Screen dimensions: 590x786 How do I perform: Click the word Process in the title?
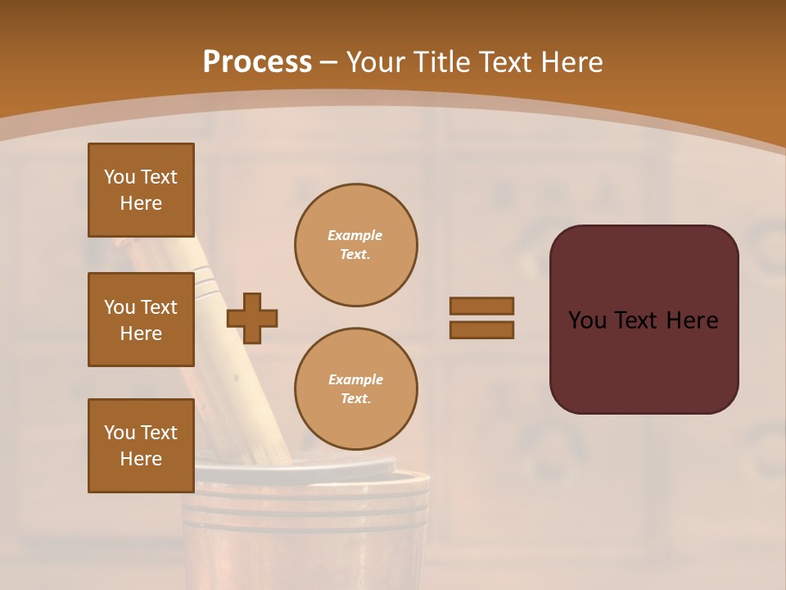click(x=257, y=62)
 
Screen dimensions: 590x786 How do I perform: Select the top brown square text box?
click(x=141, y=190)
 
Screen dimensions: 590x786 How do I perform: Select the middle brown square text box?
click(x=141, y=320)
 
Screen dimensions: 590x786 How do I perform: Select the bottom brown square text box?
click(x=141, y=446)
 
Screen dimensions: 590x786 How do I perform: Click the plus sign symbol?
click(x=252, y=318)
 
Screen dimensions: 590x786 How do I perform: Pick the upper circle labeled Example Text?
click(x=355, y=245)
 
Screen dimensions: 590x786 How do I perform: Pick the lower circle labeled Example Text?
click(x=355, y=389)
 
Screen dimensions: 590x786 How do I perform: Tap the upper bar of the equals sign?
click(x=481, y=306)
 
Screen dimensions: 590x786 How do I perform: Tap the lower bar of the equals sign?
click(x=481, y=329)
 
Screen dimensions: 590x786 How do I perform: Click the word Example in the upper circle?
click(x=355, y=235)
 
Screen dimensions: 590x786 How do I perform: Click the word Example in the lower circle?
click(x=355, y=379)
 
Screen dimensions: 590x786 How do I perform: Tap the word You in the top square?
click(x=120, y=177)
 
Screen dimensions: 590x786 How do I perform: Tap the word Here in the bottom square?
click(x=141, y=460)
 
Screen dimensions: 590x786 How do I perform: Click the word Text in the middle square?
click(x=159, y=307)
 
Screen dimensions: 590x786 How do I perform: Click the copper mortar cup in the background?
click(x=311, y=524)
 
